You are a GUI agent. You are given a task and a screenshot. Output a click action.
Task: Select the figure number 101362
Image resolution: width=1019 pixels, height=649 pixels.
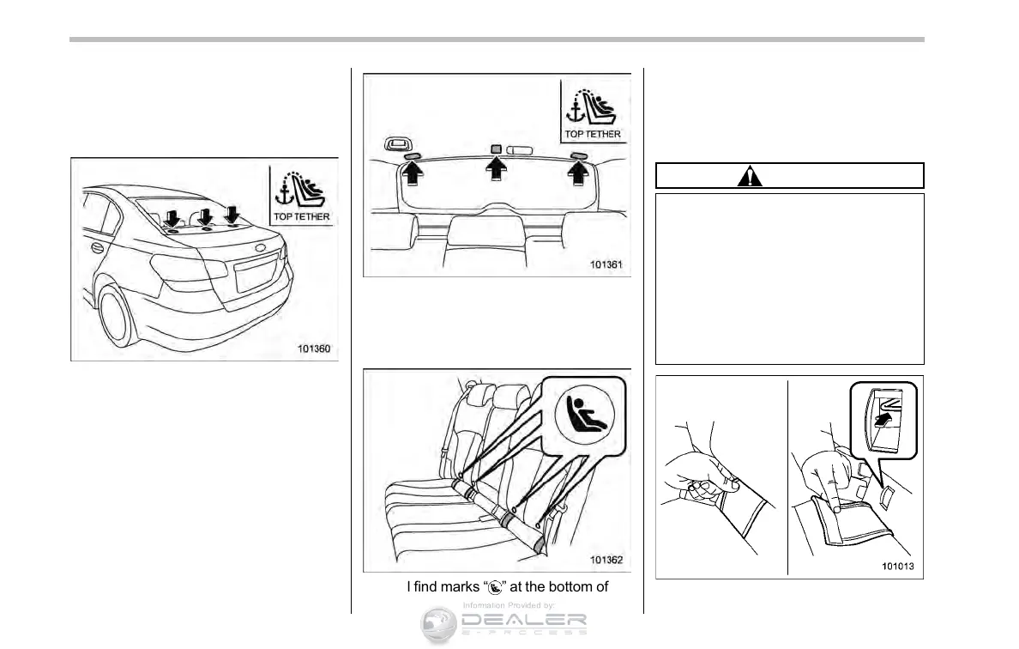tap(607, 560)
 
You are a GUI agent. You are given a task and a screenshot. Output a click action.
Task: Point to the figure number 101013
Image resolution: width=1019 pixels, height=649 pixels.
tap(899, 567)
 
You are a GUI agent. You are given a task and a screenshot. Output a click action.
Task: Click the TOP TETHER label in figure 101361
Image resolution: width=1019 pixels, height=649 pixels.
tap(593, 134)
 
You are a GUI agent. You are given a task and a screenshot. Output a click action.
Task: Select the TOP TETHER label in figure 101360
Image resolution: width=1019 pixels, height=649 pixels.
tap(302, 217)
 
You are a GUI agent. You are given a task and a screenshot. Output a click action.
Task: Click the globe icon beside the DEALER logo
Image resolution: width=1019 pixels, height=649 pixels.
tap(439, 624)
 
